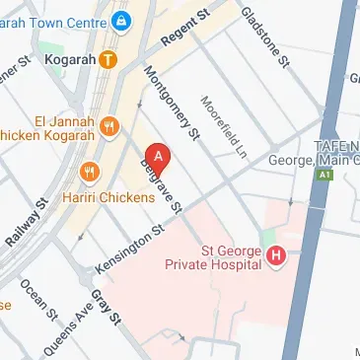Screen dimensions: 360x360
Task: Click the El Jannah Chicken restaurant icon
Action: click(x=108, y=127)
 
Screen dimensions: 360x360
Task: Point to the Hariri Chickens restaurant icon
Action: click(x=91, y=173)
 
